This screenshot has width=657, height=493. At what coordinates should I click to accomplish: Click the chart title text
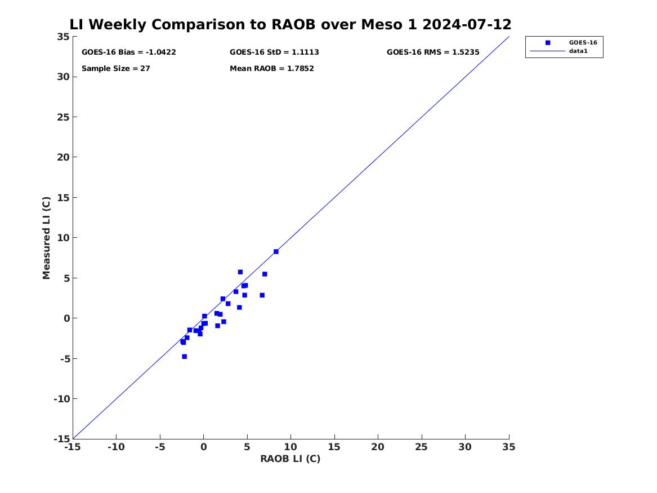[x=290, y=24]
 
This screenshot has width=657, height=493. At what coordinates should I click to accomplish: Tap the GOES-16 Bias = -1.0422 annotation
[x=128, y=52]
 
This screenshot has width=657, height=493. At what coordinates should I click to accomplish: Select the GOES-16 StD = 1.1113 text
[x=274, y=52]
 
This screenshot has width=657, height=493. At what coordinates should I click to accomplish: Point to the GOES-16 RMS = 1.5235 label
[x=433, y=52]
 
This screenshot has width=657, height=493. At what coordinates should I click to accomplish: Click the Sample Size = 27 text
[x=115, y=68]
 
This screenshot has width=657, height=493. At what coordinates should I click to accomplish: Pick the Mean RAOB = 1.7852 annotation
[x=271, y=68]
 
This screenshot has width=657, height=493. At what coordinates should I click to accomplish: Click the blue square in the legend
[x=548, y=42]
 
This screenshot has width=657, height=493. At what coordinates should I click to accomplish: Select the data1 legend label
[x=578, y=51]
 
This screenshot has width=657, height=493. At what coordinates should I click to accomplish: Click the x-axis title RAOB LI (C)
[x=290, y=459]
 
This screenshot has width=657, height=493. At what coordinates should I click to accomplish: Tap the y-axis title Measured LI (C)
[x=46, y=238]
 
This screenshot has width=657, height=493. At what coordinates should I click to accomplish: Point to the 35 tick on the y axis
[x=63, y=37]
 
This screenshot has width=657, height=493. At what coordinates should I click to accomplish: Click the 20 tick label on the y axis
[x=63, y=157]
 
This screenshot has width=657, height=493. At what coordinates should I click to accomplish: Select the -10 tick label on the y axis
[x=61, y=399]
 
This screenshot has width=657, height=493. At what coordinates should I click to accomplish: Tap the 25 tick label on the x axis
[x=422, y=447]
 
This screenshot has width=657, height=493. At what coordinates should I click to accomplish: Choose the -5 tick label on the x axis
[x=160, y=447]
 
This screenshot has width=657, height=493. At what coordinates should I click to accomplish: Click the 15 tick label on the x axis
[x=334, y=447]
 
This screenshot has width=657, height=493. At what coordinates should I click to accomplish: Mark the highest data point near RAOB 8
[x=276, y=251]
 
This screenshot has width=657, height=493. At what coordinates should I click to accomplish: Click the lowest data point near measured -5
[x=184, y=356]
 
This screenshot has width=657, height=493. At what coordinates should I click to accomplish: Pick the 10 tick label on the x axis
[x=290, y=447]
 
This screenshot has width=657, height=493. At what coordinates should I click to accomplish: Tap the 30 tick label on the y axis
[x=63, y=77]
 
